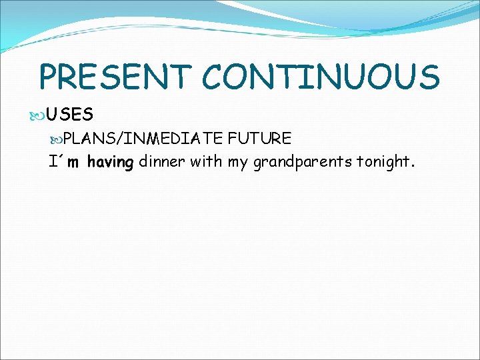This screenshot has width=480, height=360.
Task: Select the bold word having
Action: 110,162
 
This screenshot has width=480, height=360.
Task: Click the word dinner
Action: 162,161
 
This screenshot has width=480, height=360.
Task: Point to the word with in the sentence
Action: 206,161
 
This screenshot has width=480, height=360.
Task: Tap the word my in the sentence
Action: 238,162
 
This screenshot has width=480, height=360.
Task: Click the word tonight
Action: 387,162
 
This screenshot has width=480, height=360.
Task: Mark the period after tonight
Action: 413,166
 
